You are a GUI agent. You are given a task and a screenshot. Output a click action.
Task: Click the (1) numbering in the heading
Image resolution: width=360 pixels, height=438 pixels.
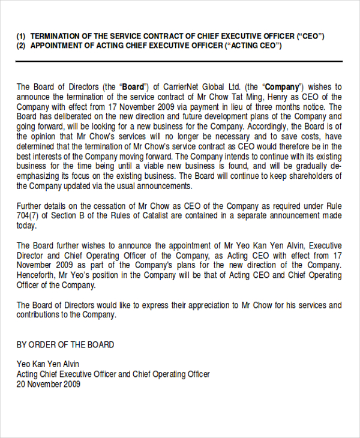point(21,36)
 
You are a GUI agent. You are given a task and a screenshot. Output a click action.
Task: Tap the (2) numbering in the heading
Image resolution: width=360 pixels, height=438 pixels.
point(21,46)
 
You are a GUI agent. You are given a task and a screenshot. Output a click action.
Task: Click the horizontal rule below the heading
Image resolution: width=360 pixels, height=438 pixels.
point(179,61)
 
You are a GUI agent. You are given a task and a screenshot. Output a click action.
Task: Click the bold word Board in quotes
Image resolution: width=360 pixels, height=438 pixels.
point(133,87)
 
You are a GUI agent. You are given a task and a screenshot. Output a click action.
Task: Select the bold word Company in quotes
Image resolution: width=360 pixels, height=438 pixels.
point(282,87)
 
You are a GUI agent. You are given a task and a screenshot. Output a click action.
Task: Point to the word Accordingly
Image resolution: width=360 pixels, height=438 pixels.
point(267,126)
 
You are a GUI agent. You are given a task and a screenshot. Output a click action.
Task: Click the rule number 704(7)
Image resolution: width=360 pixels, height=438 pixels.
point(27,216)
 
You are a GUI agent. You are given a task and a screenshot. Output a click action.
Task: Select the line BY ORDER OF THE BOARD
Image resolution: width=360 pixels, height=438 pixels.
point(65,345)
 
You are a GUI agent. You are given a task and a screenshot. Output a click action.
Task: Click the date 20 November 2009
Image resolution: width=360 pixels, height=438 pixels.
point(49,384)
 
